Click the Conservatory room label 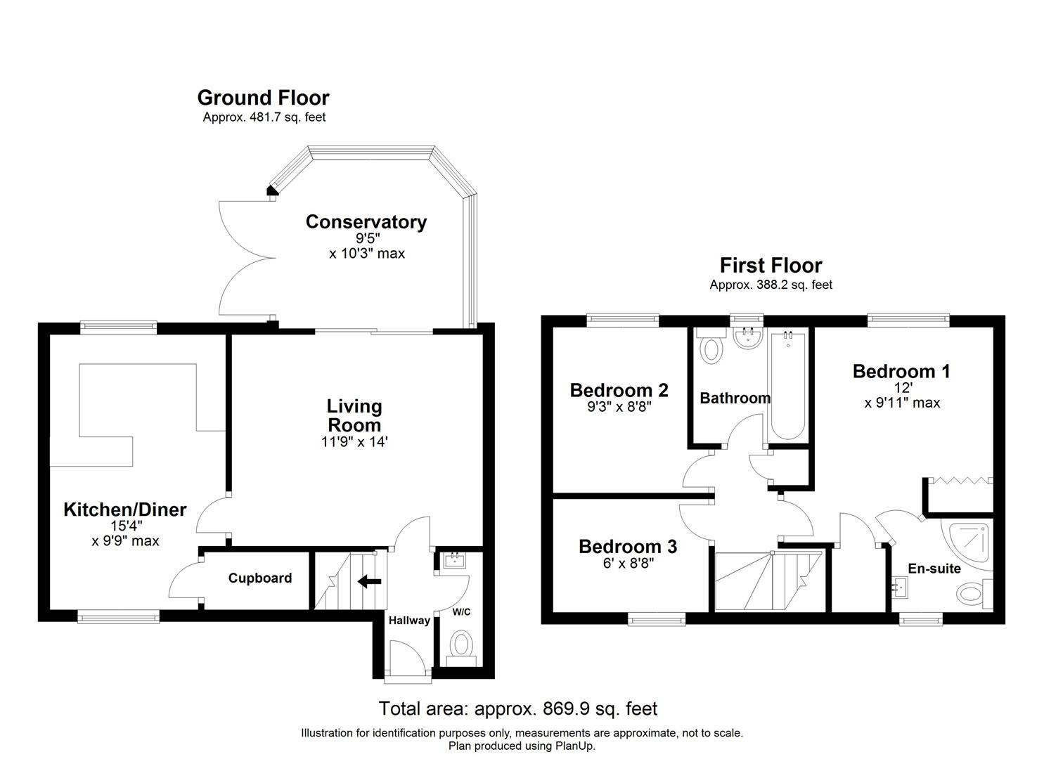point(366,222)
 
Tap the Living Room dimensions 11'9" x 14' point(354,442)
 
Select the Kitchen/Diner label point(125,510)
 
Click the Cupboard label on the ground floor point(260,578)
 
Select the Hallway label point(409,620)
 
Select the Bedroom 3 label point(628,546)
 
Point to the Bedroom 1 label point(901,371)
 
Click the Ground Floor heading point(263,98)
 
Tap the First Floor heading point(771,266)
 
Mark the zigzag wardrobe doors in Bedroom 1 point(960,481)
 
